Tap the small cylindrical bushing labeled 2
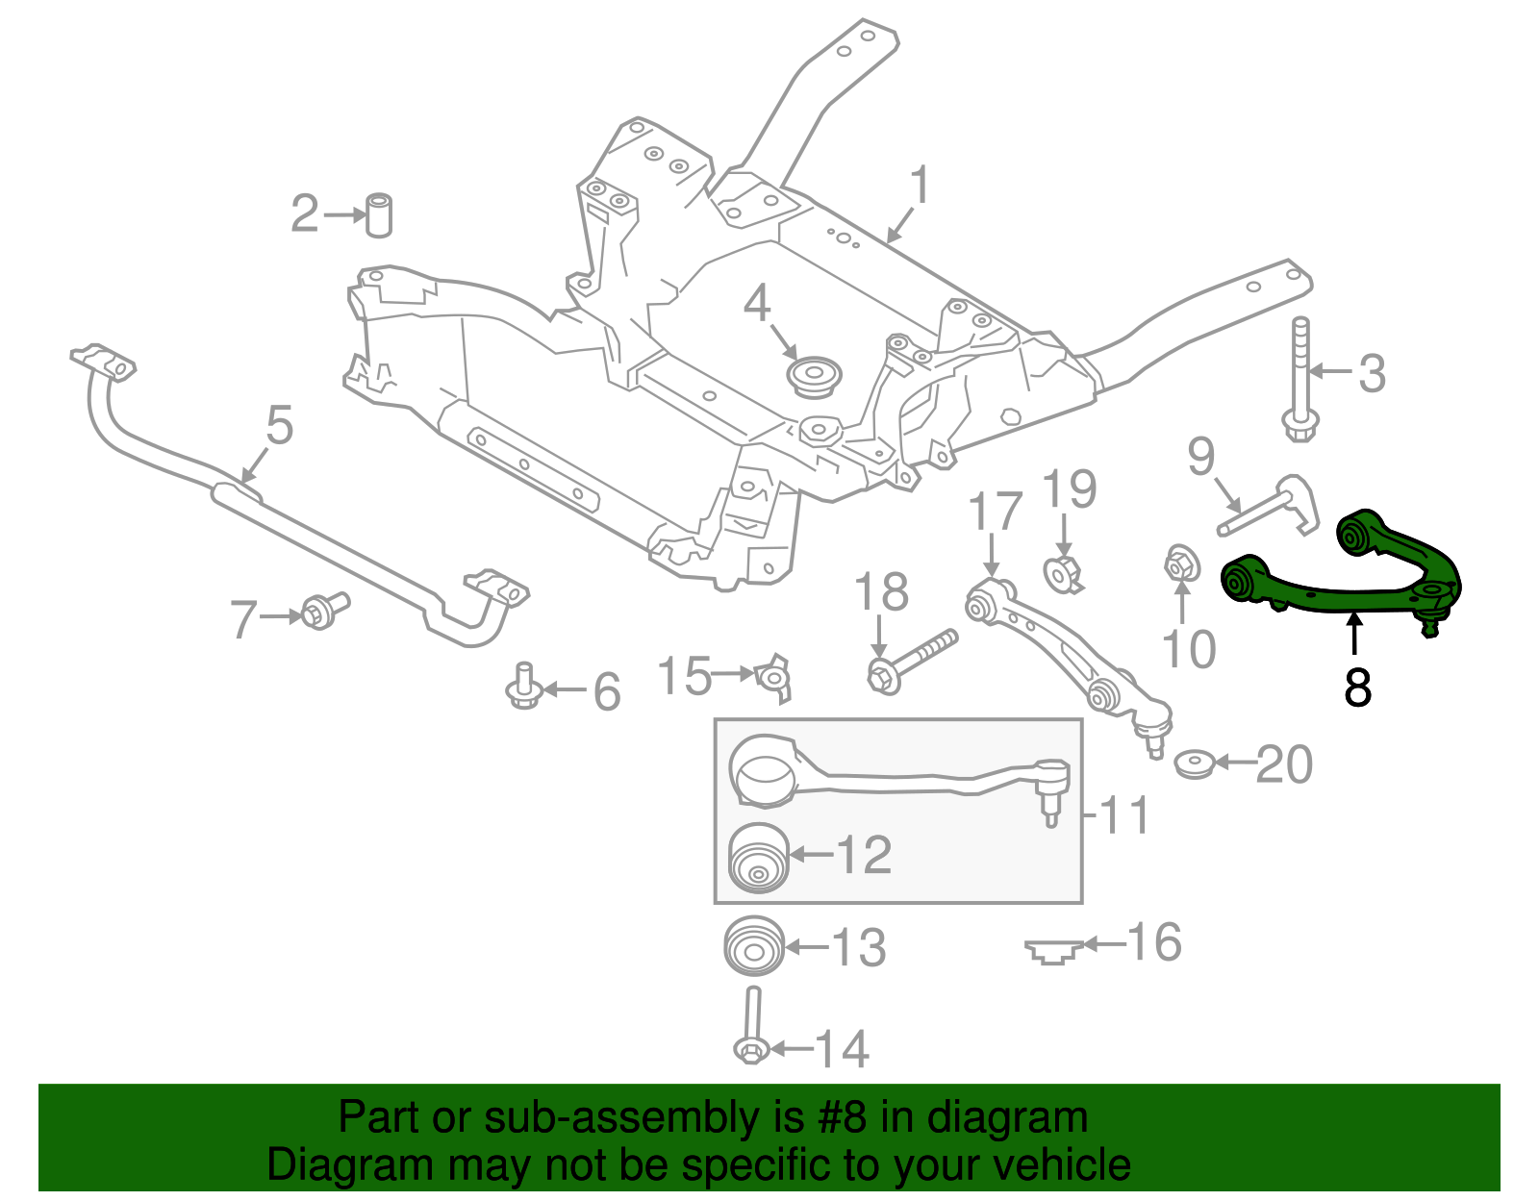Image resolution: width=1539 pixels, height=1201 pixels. (381, 214)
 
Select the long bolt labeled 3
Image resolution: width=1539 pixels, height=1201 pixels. (1299, 380)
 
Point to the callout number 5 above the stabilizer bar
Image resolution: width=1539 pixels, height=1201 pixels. (279, 425)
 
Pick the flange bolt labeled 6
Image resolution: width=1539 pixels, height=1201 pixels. (522, 687)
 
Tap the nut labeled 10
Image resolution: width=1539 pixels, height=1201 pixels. (1181, 564)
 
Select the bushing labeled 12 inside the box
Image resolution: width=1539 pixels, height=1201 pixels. (759, 859)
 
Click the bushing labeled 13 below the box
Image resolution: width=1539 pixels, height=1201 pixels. (753, 946)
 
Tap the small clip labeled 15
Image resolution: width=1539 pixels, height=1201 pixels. (774, 674)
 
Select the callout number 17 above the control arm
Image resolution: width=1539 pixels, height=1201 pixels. (995, 512)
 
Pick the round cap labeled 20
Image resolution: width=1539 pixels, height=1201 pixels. (1195, 764)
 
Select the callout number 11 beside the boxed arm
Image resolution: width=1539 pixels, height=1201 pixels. (1123, 815)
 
